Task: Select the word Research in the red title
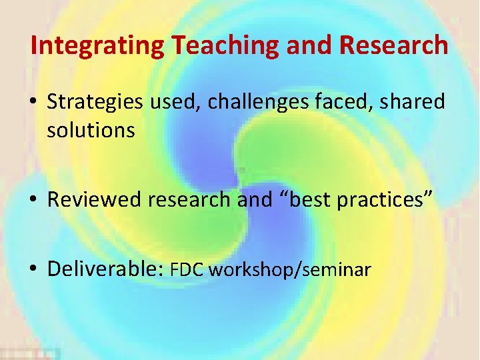[x=394, y=45]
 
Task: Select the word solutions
[x=91, y=131]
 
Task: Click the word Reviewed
[x=95, y=199]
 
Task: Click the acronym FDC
[x=189, y=269]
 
